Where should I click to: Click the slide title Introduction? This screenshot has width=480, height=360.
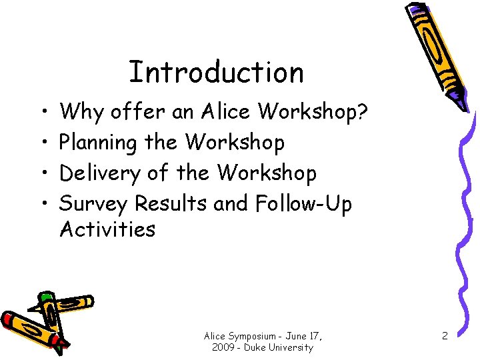tap(215, 72)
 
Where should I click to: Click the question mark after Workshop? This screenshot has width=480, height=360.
tap(361, 112)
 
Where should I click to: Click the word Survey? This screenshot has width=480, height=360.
tap(94, 203)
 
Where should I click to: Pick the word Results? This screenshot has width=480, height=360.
tap(172, 203)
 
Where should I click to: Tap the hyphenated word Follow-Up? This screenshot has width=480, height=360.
tap(303, 203)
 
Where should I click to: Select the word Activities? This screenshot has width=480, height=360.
tap(107, 229)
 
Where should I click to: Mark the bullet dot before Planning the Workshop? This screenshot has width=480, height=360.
tap(43, 143)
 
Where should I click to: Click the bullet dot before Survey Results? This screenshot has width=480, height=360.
tap(43, 203)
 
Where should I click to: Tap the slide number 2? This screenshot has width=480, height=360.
tap(443, 337)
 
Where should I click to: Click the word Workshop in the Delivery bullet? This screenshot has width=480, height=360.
tap(267, 173)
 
